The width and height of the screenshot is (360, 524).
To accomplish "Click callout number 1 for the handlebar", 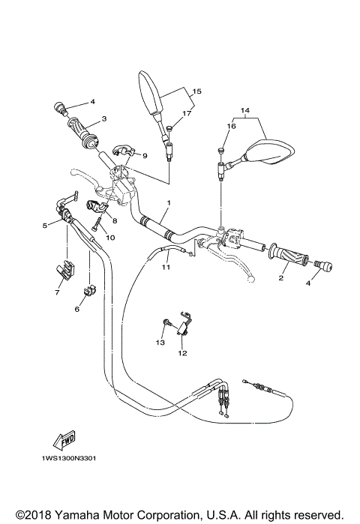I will (169, 203).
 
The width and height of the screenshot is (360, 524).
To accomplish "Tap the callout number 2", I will (281, 278).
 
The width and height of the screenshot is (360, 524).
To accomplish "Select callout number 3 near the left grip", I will (104, 118).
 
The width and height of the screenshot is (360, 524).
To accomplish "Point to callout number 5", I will (45, 224).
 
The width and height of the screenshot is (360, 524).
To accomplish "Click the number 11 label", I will (166, 266).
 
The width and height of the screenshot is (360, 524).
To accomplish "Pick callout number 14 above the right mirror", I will (244, 111).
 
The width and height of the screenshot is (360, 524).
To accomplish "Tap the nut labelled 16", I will (220, 152).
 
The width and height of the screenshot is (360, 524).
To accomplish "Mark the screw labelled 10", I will (96, 221).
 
